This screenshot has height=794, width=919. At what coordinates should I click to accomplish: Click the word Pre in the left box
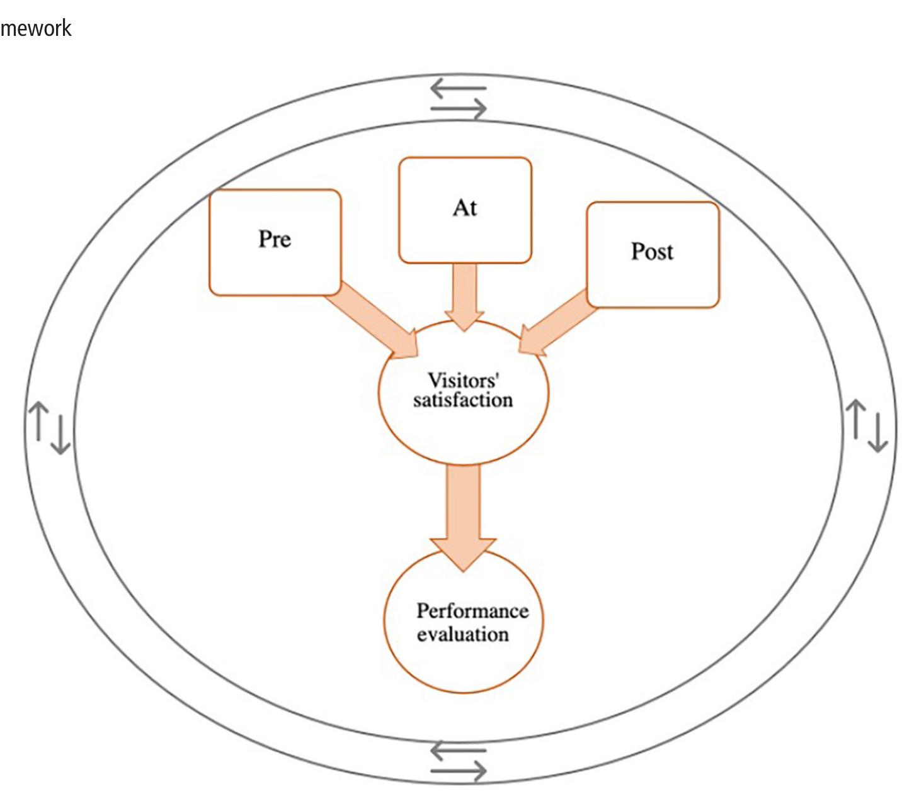[x=275, y=239]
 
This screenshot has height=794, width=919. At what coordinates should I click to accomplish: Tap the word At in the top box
[x=465, y=208]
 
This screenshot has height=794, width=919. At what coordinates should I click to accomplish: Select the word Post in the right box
[x=652, y=251]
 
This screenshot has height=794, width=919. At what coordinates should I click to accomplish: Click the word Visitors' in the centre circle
[x=464, y=381]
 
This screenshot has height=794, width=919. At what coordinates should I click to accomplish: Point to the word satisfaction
[x=463, y=400]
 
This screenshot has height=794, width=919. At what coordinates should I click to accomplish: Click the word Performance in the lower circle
[x=472, y=612]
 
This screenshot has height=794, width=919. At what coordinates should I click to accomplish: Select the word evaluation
[x=463, y=634]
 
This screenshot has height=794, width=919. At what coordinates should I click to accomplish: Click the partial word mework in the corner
[x=35, y=28]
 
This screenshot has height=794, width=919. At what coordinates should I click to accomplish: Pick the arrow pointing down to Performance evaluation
[x=464, y=518]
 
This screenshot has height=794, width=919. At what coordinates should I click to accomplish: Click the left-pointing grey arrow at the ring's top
[x=459, y=88]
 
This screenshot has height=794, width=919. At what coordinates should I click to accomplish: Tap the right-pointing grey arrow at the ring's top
[x=459, y=108]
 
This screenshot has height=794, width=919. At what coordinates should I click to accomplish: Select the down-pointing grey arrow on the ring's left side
[x=60, y=435]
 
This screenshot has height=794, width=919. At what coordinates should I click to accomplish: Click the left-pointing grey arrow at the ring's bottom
[x=459, y=751]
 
